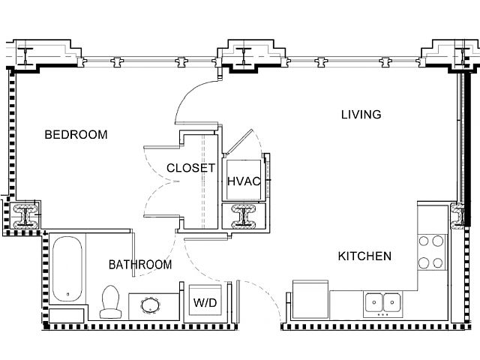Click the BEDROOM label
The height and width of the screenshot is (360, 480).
(76, 135)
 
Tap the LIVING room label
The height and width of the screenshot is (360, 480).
(361, 115)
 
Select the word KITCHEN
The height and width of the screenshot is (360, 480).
(364, 256)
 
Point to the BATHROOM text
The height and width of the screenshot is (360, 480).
(140, 265)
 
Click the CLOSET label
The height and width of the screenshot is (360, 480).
(191, 168)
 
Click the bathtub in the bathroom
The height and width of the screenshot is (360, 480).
(67, 268)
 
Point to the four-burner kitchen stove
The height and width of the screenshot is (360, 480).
(431, 252)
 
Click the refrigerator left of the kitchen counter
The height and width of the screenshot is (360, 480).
(310, 304)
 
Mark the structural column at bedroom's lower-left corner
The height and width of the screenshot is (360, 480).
(28, 216)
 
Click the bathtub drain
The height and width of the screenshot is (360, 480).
(67, 293)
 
